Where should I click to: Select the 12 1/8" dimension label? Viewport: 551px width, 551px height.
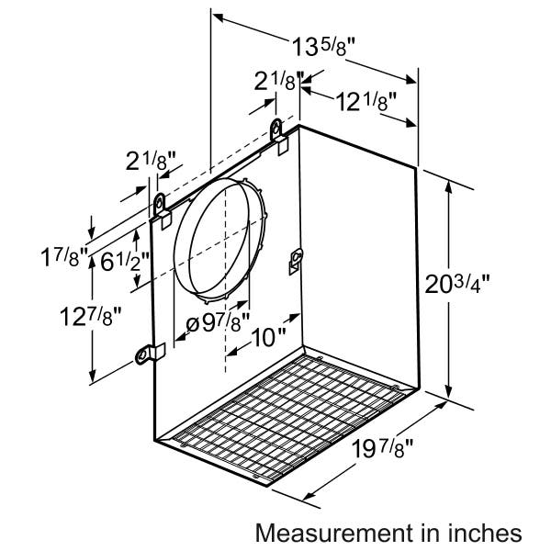[x=366, y=101]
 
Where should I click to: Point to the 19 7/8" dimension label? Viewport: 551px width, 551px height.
[x=382, y=448]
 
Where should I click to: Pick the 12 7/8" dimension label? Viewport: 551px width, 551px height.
[x=90, y=316]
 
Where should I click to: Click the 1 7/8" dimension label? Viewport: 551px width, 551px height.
[x=63, y=256]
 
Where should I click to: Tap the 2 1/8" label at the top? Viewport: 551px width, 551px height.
[x=278, y=81]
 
